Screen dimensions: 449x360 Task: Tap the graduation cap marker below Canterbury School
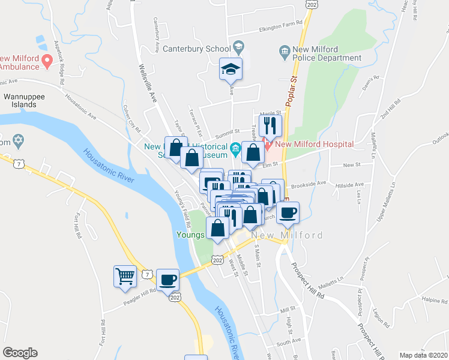coord(231,70)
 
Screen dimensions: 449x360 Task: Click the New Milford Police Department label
coord(328,53)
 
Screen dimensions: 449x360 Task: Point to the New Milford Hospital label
coord(314,144)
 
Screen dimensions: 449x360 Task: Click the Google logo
coord(20,353)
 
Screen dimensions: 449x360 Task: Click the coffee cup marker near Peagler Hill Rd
coord(167,279)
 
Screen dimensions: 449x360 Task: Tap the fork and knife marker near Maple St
coord(270,126)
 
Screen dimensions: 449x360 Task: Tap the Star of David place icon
coord(17,142)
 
